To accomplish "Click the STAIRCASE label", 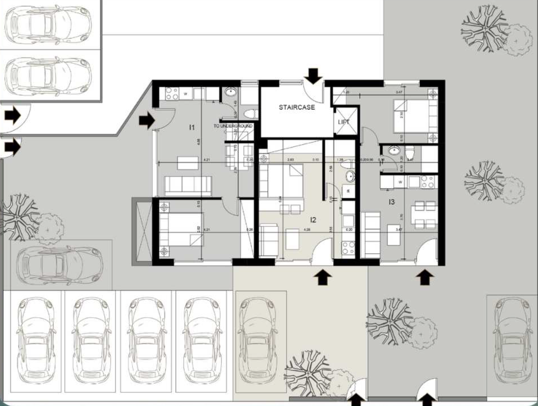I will tap(297, 107).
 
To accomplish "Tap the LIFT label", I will tap(344, 122).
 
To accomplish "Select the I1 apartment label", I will tap(192, 127).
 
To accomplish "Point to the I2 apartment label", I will tap(313, 220).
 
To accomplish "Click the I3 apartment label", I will tap(391, 202).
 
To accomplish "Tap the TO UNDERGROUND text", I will tap(233, 126).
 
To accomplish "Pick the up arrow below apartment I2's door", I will tap(323, 278).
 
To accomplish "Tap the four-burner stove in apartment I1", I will tap(172, 93).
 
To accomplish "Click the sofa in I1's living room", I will tap(188, 186).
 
